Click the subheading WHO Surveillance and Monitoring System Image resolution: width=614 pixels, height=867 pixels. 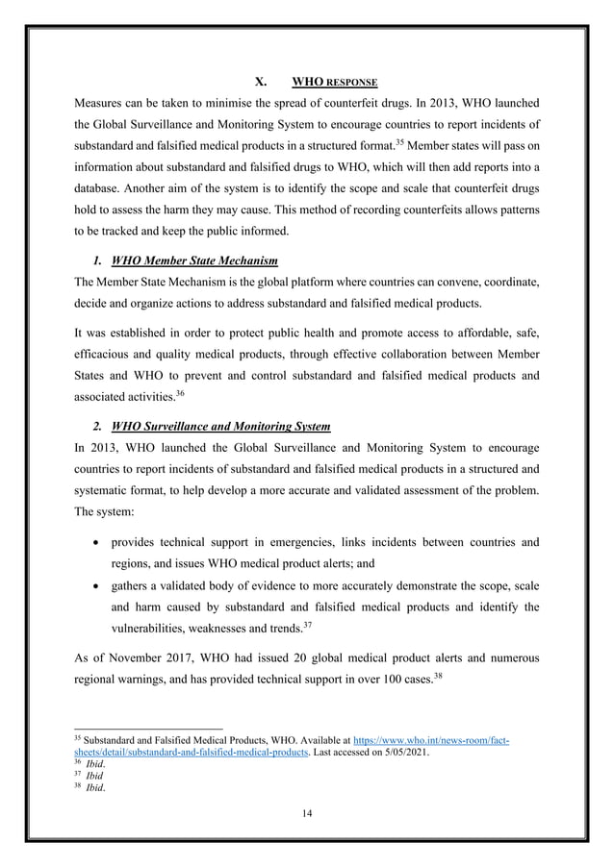tap(221, 426)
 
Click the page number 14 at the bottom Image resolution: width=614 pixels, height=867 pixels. tap(307, 813)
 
